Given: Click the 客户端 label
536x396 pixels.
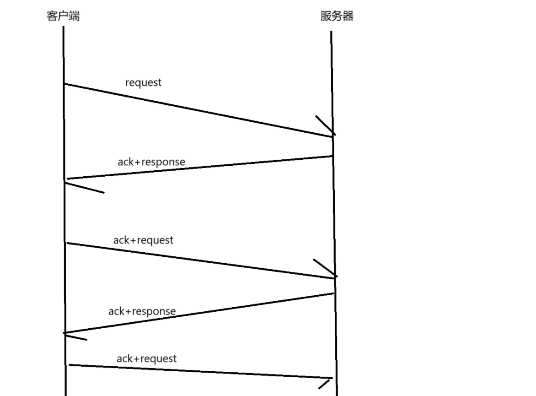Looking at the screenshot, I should tap(63, 16).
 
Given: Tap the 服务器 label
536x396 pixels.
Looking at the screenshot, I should tap(337, 16).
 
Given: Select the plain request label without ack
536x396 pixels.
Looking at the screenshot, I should tap(143, 82).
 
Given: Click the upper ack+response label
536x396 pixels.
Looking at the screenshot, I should tap(151, 162).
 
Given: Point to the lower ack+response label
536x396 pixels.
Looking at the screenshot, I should tap(142, 311).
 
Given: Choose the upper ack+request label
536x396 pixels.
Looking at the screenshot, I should tap(143, 240).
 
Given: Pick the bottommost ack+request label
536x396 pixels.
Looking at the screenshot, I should tap(146, 358).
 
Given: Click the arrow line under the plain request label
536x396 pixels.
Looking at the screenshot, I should tap(197, 110).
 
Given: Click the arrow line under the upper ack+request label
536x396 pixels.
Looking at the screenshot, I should tap(201, 260).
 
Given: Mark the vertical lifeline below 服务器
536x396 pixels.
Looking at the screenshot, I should tap(333, 215).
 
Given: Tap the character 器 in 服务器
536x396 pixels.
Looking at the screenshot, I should tap(348, 16).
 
